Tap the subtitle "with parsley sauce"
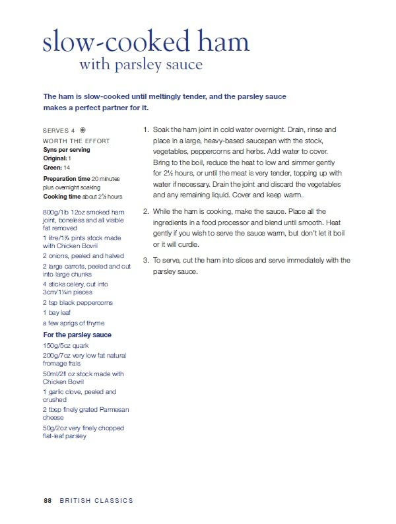[x=141, y=65]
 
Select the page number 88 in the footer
[x=48, y=501]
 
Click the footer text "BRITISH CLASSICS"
[x=96, y=501]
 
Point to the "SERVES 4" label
[x=59, y=131]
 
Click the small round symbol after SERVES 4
[x=82, y=131]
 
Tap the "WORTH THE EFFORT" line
[x=76, y=141]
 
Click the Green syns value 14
[x=67, y=168]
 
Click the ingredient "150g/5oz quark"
[x=67, y=345]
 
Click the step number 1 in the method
[x=146, y=130]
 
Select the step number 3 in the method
[x=146, y=260]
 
